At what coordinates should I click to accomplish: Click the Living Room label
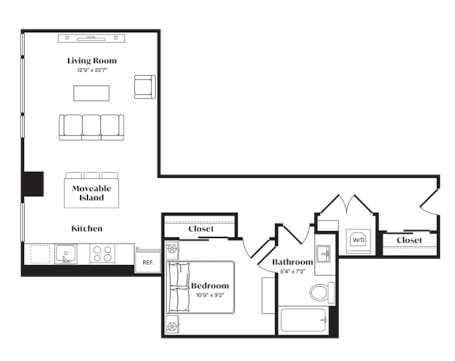92,61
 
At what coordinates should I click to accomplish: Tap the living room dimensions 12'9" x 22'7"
92,70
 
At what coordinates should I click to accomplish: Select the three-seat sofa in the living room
91,127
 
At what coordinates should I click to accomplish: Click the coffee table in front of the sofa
91,93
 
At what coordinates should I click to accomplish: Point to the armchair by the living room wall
144,87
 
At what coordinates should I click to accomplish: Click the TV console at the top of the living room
92,38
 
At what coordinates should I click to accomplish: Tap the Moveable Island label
91,193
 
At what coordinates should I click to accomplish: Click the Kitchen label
87,229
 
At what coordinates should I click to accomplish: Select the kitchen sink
66,254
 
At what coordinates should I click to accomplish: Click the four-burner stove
102,254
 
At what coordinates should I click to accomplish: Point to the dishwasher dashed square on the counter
40,254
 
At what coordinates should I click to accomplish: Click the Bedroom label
210,286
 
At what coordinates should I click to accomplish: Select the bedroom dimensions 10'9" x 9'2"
210,295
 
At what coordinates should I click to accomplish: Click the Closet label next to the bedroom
201,229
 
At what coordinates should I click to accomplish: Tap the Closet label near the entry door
409,240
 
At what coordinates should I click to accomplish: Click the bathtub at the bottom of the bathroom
303,320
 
